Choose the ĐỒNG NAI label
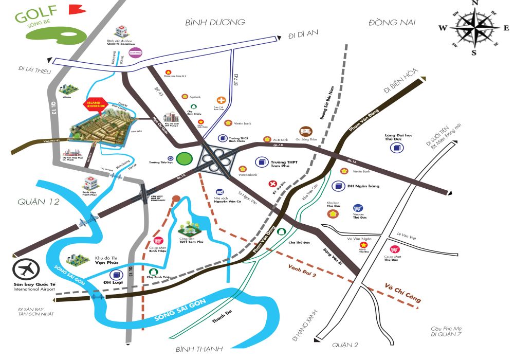(x=391, y=22)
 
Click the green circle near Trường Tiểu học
(x=183, y=159)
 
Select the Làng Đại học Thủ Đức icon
(x=396, y=148)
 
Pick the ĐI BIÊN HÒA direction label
(x=401, y=82)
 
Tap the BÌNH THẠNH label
(x=199, y=350)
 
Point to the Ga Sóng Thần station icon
(x=305, y=131)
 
